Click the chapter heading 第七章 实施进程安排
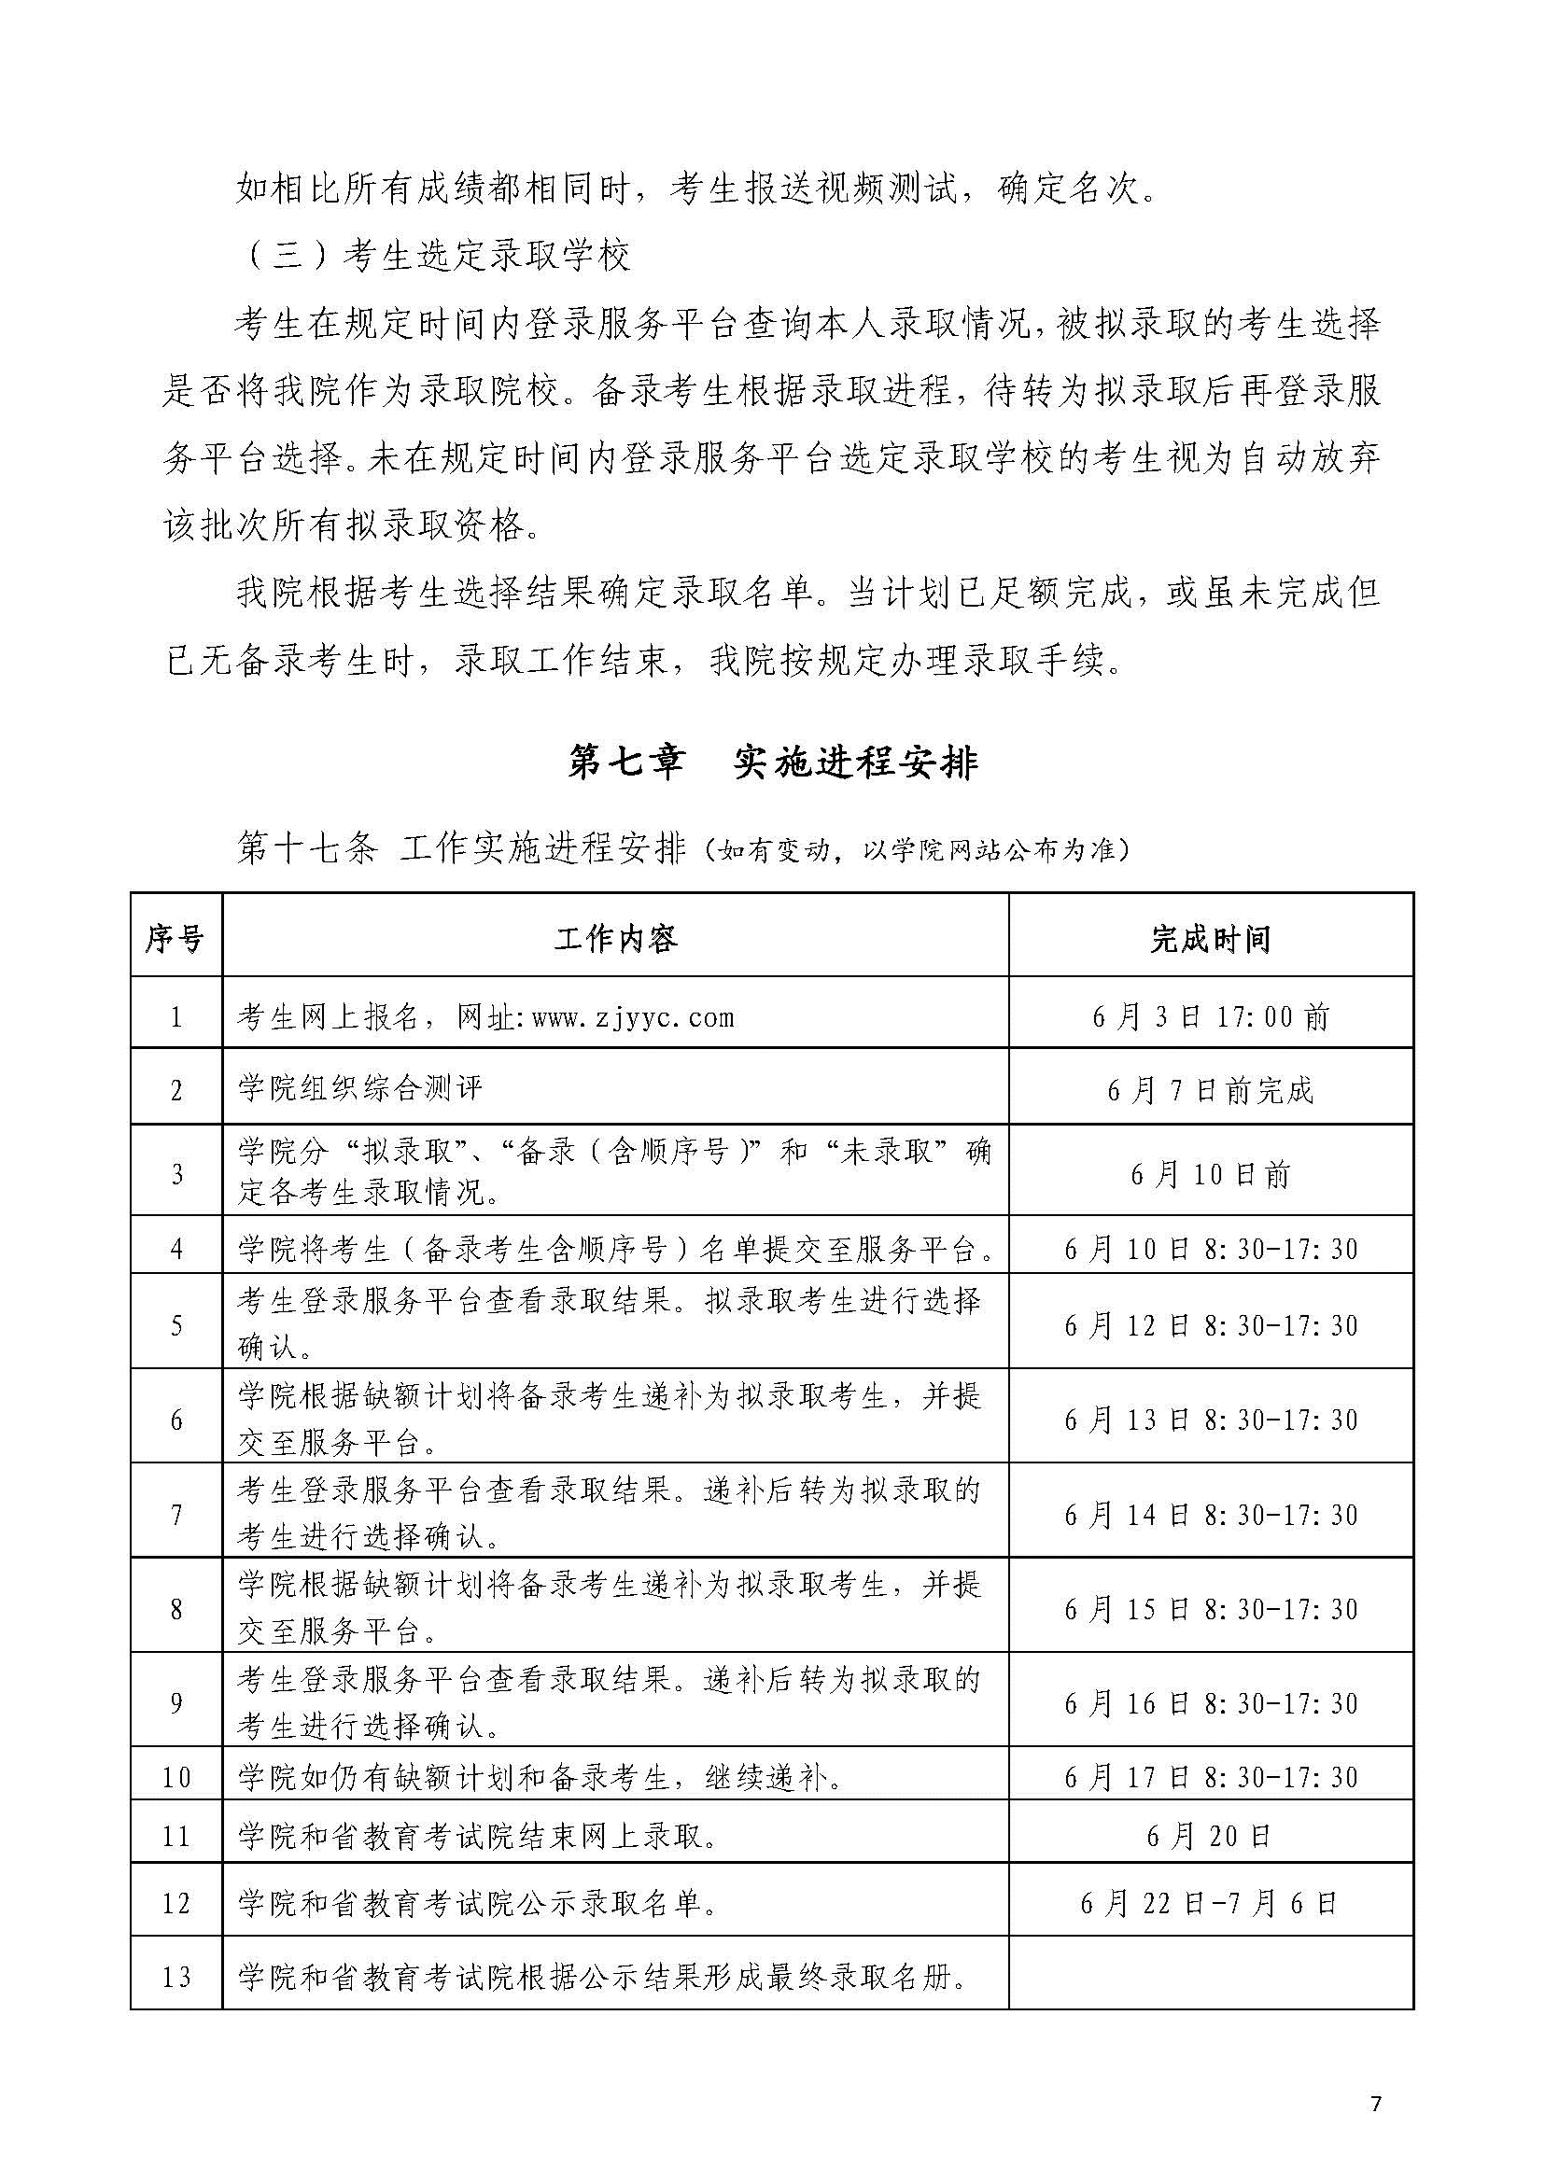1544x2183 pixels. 772,763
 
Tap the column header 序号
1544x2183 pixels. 175,941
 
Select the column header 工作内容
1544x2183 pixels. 615,941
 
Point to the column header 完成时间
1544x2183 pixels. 1211,941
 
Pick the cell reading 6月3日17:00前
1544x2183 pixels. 1211,1018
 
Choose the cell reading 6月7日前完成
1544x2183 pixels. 1211,1089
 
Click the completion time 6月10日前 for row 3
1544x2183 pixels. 1211,1175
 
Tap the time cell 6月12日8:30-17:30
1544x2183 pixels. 1211,1325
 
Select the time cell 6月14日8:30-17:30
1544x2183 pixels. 1211,1515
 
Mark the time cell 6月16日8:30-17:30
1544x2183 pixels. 1211,1704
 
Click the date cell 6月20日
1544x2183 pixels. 1211,1836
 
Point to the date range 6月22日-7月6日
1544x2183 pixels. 1211,1903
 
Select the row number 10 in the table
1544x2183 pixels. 175,1777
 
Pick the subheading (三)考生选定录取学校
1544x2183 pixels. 432,258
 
